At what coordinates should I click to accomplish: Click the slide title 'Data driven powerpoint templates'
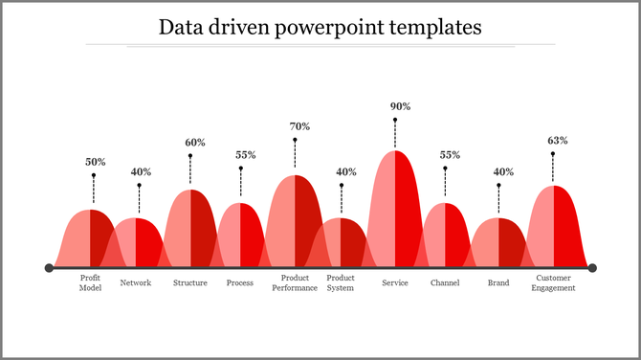point(320,26)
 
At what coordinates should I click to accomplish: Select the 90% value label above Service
point(400,106)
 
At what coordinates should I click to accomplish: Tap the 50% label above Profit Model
point(95,162)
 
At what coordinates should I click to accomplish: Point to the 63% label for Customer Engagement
point(557,140)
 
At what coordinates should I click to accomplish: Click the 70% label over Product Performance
point(299,126)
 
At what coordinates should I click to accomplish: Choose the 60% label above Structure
point(195,143)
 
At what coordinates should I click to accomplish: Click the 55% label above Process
point(245,155)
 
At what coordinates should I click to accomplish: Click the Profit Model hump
point(89,239)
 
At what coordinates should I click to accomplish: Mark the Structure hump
point(190,230)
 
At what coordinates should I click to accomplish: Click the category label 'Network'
point(136,282)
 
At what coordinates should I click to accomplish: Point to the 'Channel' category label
point(445,282)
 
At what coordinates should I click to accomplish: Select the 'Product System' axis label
point(341,282)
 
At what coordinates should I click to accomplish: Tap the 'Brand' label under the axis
point(498,282)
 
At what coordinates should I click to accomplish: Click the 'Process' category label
point(240,282)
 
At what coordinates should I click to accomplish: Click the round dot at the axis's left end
point(49,268)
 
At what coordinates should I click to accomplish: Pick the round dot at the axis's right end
point(592,268)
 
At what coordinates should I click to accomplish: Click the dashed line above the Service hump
point(395,134)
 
